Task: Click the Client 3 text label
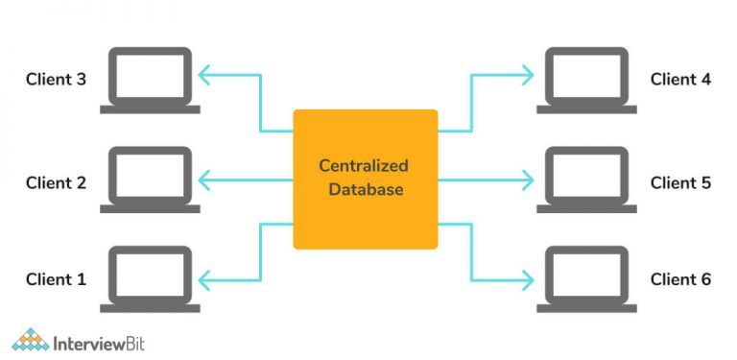[x=56, y=79]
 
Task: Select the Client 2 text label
[x=56, y=182]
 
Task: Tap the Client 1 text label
[x=56, y=280]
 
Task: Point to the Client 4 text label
[x=680, y=79]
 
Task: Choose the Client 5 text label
[x=680, y=182]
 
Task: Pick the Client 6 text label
[x=680, y=280]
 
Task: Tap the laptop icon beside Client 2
[x=151, y=180]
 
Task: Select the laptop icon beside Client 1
[x=151, y=278]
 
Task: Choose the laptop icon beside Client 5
[x=585, y=180]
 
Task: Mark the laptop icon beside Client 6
[x=585, y=278]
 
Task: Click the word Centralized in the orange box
[x=366, y=166]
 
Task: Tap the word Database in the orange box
[x=366, y=190]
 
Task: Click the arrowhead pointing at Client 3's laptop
[x=203, y=73]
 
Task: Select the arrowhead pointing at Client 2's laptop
[x=203, y=179]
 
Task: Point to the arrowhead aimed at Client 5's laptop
[x=529, y=179]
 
